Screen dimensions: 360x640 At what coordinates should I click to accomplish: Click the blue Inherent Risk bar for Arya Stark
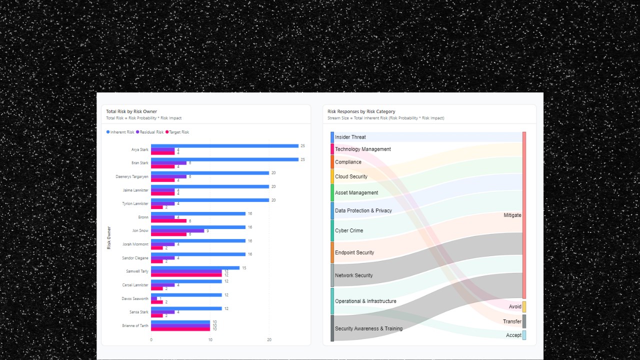tap(224, 146)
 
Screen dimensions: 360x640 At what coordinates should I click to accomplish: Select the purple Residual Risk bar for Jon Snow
tap(177, 230)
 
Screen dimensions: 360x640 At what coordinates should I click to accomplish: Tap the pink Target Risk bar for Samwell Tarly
tap(186, 275)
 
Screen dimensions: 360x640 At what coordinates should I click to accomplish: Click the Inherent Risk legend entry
tap(120, 132)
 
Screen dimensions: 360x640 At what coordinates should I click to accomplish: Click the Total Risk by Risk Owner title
tap(131, 111)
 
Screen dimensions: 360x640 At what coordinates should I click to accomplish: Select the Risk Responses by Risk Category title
tap(361, 111)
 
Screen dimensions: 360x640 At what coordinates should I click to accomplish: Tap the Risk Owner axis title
tap(109, 237)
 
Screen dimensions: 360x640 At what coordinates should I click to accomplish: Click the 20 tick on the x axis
tap(269, 340)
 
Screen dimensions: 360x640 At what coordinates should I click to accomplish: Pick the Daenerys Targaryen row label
tap(132, 176)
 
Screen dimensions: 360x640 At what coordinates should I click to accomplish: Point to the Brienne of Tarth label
tap(135, 325)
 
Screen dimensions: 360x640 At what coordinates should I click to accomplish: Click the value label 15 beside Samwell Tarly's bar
tap(244, 268)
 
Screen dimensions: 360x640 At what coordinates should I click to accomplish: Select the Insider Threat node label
tap(350, 137)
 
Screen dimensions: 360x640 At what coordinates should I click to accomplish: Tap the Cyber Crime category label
tap(349, 230)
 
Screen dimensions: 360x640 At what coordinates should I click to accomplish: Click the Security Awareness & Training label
tap(368, 328)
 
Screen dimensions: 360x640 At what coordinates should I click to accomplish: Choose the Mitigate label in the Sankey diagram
tap(512, 215)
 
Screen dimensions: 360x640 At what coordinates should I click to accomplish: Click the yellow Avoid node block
tap(524, 307)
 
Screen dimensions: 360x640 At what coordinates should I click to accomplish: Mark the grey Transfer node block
tap(524, 321)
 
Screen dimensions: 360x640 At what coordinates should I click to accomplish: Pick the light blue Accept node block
tap(524, 335)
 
